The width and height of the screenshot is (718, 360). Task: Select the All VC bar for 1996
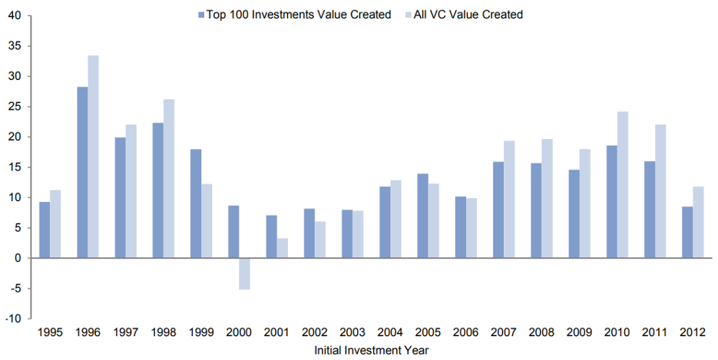pos(94,157)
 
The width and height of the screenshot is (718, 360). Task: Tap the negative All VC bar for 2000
pos(245,273)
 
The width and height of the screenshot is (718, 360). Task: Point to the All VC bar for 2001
pos(283,249)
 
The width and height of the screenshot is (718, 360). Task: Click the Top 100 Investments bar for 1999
pos(196,203)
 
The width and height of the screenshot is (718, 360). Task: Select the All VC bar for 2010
pos(622,185)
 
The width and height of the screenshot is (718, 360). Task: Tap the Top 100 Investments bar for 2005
pos(422,216)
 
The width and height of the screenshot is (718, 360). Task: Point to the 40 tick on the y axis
pos(16,15)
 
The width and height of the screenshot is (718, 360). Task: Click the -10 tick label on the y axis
pos(15,319)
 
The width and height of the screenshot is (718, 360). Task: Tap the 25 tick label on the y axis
pos(16,107)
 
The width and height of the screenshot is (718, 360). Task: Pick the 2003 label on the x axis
pos(352,334)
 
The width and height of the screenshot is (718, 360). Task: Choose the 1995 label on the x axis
pos(50,334)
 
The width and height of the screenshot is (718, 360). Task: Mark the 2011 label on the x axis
pos(655,334)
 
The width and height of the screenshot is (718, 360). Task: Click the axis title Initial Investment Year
pos(371,350)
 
